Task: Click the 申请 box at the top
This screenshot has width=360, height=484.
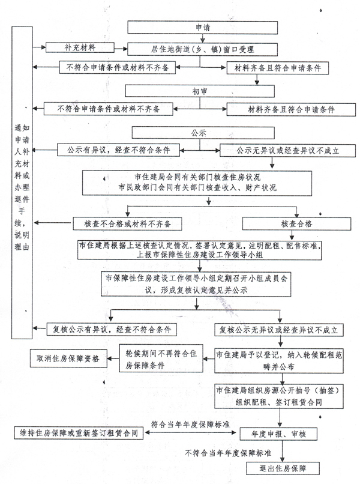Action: [202, 28]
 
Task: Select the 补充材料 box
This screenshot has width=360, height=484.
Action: [80, 48]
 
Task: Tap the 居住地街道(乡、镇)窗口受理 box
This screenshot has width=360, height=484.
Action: [202, 49]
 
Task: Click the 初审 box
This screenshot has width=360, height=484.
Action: [200, 91]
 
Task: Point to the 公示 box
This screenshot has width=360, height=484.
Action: [203, 133]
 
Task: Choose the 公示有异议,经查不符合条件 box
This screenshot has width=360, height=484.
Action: [118, 150]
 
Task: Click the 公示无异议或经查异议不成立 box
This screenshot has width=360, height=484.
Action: [287, 151]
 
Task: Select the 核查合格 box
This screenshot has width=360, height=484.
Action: [296, 224]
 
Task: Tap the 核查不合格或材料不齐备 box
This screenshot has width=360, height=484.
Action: [127, 224]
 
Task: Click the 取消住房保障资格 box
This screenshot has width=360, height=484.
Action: [68, 358]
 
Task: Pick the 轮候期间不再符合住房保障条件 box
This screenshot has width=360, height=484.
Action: [161, 358]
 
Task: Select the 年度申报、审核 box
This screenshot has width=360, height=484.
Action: [278, 434]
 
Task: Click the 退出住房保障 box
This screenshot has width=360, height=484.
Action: [283, 468]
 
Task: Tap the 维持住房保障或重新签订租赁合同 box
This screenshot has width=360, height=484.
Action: [79, 433]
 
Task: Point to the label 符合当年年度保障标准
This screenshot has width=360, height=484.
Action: [190, 425]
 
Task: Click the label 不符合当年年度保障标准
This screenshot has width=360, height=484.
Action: [227, 453]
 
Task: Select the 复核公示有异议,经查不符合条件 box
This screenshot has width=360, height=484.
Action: [112, 329]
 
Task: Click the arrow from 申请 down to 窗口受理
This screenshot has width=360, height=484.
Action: [203, 38]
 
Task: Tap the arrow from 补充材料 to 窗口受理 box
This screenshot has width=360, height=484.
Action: [121, 49]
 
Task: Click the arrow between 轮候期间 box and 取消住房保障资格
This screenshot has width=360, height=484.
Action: [113, 358]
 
